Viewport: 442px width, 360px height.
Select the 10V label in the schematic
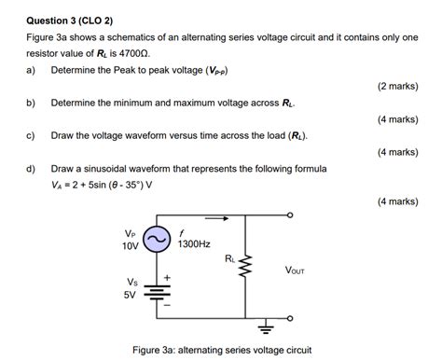130,246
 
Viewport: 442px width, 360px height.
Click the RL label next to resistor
229,258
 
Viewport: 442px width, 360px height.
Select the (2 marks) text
396,86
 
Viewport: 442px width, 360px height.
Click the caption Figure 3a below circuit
222,350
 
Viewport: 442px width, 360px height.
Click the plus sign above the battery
168,277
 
